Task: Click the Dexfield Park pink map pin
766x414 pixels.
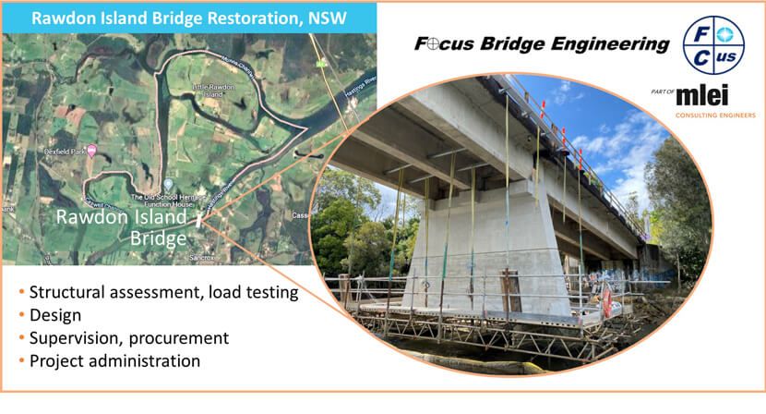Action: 90,151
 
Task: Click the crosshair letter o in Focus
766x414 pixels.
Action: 429,43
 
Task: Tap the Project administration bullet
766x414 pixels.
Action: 115,359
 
